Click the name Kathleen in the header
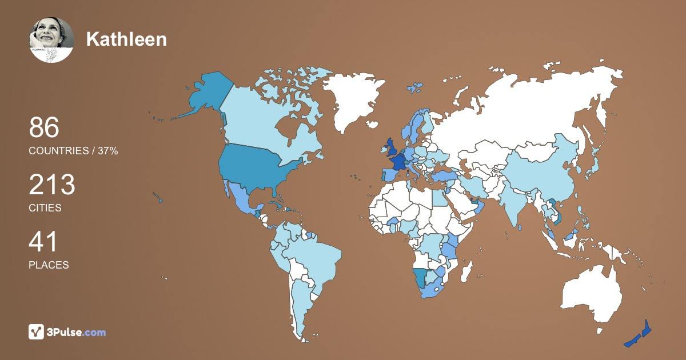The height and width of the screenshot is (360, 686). [126, 39]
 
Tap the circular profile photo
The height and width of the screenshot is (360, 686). [51, 39]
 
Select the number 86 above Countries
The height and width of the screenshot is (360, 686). [44, 127]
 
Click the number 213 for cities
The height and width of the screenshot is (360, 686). [52, 185]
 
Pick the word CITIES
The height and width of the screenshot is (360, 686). [45, 208]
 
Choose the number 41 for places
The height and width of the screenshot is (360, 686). [43, 242]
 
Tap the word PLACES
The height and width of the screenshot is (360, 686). [49, 265]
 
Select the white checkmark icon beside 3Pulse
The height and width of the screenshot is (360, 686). [37, 332]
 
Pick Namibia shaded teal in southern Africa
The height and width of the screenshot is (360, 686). [420, 277]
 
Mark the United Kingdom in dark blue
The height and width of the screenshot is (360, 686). [391, 149]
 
